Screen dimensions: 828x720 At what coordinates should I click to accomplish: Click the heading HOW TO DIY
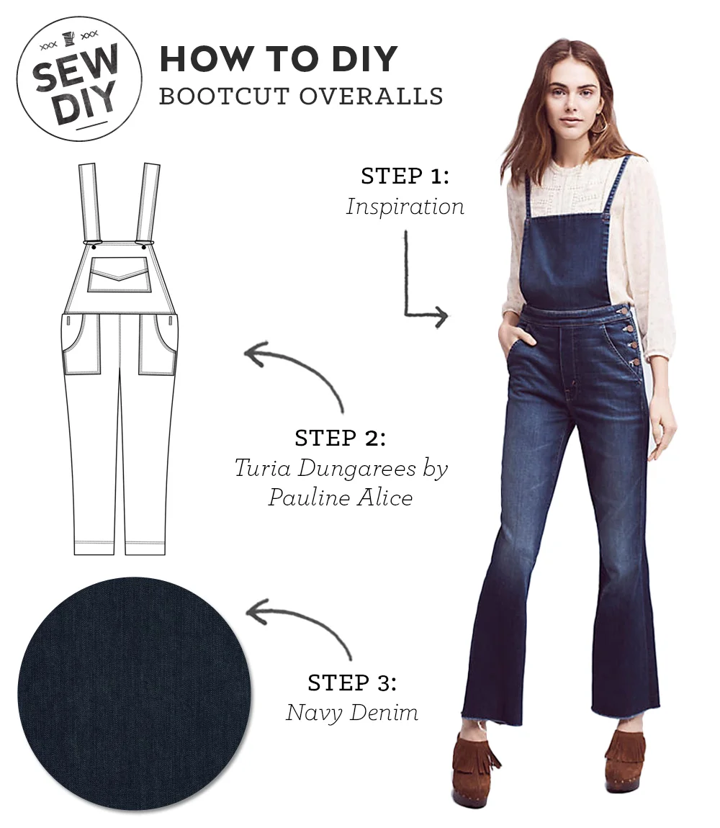(x=279, y=59)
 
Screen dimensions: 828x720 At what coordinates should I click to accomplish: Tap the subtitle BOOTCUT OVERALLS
(x=301, y=96)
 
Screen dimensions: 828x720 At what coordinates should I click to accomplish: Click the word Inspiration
(x=405, y=207)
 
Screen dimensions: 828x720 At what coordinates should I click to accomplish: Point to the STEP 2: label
(x=340, y=438)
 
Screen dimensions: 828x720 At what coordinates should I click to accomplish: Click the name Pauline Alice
(x=340, y=498)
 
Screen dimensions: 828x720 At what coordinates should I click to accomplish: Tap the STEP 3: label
(x=352, y=682)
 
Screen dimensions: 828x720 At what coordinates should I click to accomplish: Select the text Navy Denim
(x=352, y=713)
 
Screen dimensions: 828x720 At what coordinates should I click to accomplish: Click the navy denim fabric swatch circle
(x=134, y=693)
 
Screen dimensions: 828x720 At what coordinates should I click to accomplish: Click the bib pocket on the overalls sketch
(x=120, y=274)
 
